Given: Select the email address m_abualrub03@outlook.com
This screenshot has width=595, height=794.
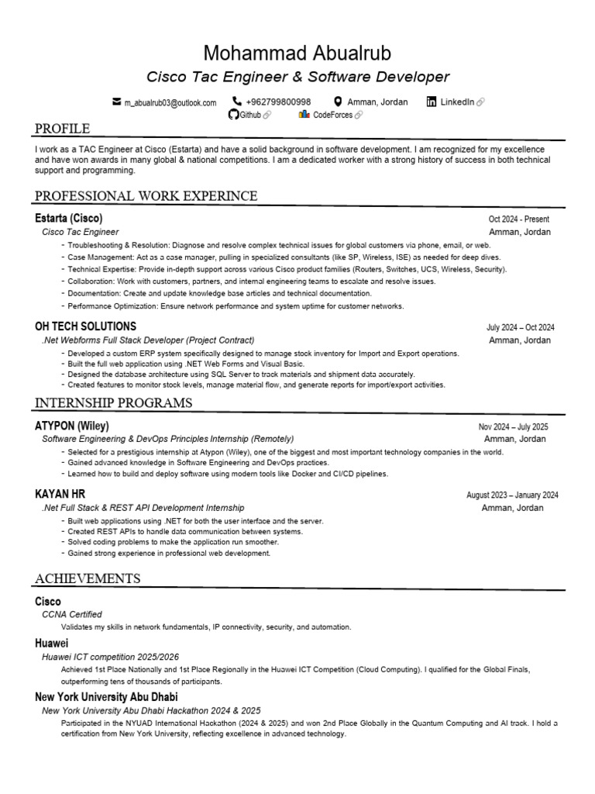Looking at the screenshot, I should (170, 102).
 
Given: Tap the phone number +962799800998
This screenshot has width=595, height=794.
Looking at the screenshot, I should (278, 102).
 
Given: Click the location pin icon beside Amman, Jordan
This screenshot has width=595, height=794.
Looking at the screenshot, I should (338, 102).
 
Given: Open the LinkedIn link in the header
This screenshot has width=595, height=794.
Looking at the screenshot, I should (456, 102).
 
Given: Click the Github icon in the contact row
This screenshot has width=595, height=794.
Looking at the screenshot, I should (232, 115).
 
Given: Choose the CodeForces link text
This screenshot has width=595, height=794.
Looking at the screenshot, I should (332, 115).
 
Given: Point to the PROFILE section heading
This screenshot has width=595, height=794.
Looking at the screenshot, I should (62, 129).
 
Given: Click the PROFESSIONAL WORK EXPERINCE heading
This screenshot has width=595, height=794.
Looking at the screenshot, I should (146, 195).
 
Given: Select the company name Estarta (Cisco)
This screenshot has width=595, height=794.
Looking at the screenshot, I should (69, 218).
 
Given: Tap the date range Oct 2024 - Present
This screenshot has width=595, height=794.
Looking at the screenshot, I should (518, 219).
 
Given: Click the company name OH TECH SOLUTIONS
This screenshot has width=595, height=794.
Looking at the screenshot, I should (85, 326).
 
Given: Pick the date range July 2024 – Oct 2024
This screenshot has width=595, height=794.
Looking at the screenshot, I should (520, 328).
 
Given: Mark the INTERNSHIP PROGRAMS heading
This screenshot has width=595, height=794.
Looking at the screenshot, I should (113, 403).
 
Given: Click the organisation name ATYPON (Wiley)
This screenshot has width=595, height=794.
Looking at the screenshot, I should (72, 426).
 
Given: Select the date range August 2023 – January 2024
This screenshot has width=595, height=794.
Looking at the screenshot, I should (512, 495).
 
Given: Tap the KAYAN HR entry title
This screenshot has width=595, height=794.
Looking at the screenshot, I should (60, 494).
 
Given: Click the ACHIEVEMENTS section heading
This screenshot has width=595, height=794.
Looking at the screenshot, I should (88, 578).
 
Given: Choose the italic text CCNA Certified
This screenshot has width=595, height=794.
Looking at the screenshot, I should (72, 614).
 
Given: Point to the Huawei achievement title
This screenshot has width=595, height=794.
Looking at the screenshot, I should (52, 643).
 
